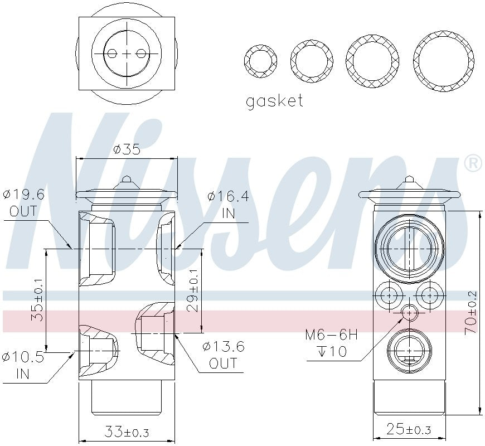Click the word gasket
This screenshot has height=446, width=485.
(x=274, y=101)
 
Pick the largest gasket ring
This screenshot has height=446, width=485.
(x=444, y=61)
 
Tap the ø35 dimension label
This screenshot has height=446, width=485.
(x=126, y=150)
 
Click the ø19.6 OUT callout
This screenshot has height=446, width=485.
(x=23, y=202)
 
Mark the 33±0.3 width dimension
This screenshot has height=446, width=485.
(x=127, y=432)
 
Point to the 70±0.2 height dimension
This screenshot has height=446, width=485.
(x=472, y=313)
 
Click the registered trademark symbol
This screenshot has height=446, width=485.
(x=473, y=163)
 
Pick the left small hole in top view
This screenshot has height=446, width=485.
(x=112, y=54)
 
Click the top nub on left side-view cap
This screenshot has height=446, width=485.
(x=127, y=180)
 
